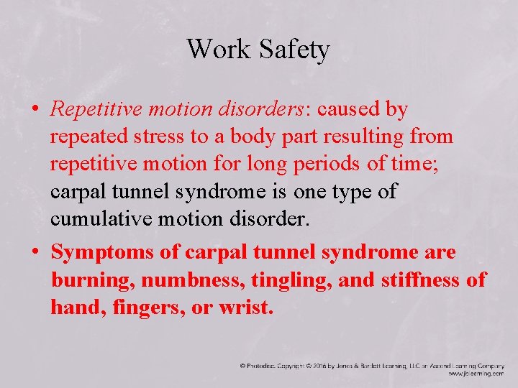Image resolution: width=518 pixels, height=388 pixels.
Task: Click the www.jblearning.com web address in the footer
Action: click(x=476, y=374)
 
